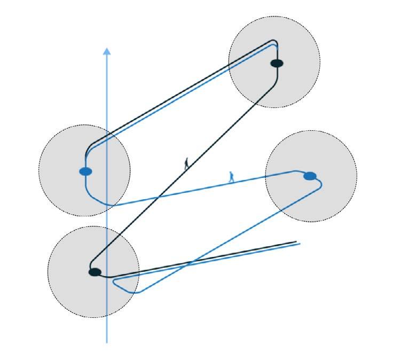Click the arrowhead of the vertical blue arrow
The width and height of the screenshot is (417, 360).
pos(107,51)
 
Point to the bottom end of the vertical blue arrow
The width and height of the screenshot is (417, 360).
pos(107,342)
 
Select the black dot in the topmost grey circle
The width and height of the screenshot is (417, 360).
pos(277,63)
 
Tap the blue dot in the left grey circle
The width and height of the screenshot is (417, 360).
pos(85,171)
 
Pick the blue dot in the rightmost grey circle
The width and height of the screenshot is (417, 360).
pos(310,176)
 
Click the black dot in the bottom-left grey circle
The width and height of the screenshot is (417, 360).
pos(95,272)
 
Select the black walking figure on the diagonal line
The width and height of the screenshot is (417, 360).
pos(186,163)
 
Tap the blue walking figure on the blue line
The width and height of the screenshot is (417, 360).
pos(231,177)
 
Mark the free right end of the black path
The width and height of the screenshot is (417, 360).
pos(296,242)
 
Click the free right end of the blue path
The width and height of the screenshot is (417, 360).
pos(300,244)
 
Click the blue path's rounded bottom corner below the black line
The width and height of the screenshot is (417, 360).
pos(137,292)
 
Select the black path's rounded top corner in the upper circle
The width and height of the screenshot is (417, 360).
pos(274,42)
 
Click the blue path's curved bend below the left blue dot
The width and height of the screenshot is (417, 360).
pos(94,199)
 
